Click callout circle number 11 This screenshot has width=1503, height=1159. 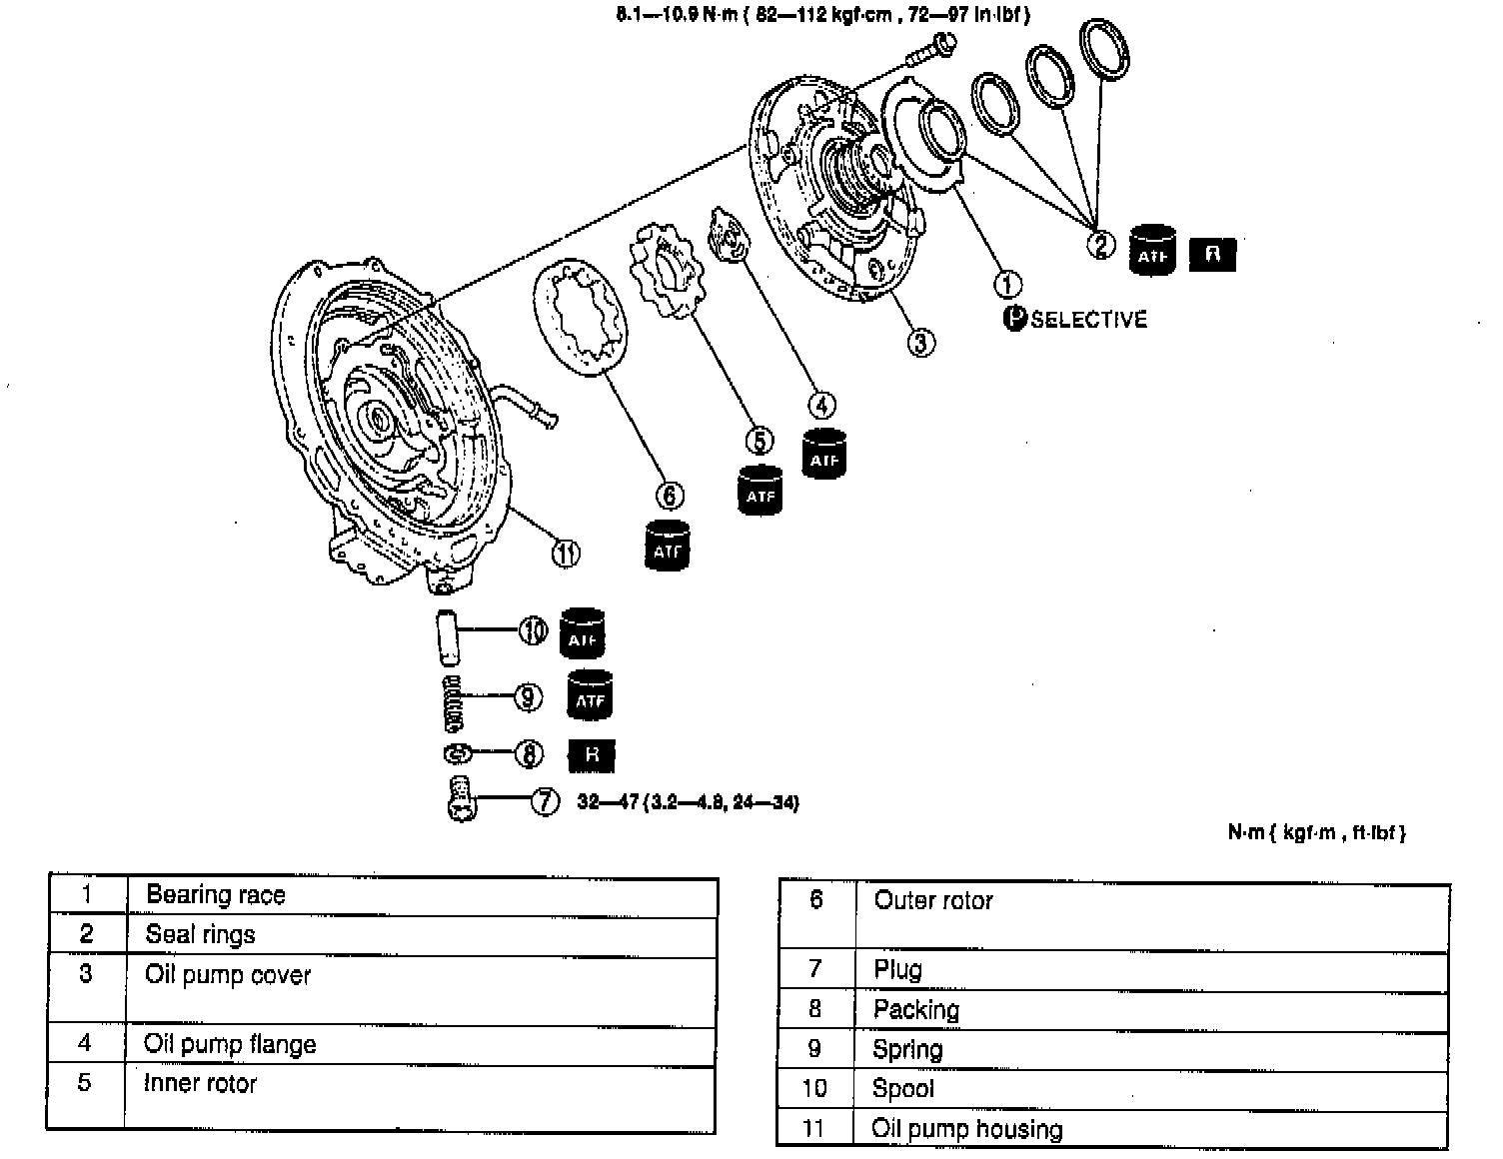(567, 552)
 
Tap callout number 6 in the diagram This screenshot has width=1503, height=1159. (670, 496)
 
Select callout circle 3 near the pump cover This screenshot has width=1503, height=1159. (920, 343)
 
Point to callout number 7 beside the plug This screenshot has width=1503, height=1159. (545, 801)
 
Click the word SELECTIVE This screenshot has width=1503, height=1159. (1089, 320)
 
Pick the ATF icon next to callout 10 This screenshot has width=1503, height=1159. (583, 633)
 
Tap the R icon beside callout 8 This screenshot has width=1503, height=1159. (592, 754)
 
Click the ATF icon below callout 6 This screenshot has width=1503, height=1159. (667, 546)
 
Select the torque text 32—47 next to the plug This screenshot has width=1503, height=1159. (688, 802)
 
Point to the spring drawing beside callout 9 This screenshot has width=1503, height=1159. (455, 702)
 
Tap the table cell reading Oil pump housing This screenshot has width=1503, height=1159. (966, 1129)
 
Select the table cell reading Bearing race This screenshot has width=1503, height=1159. (215, 894)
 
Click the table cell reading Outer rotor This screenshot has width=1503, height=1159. (932, 900)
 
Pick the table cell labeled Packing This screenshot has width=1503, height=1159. (915, 1009)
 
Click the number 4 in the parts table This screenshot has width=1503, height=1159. (85, 1043)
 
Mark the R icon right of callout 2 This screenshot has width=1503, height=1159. (1212, 254)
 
